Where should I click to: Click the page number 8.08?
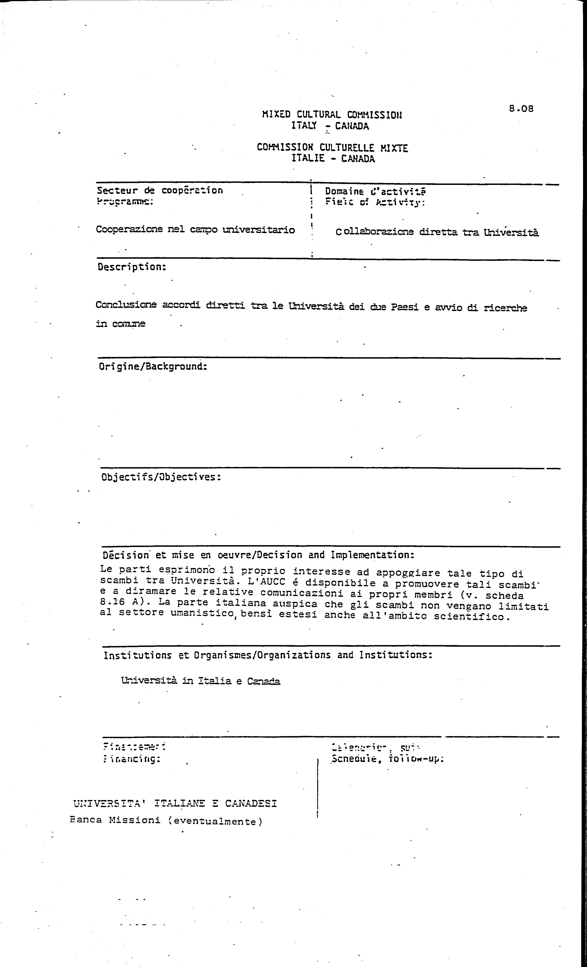(521, 109)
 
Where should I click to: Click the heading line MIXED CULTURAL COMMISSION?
(332, 115)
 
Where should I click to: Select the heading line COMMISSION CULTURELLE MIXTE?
(332, 148)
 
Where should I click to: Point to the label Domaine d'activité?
(375, 191)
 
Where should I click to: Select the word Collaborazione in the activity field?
(375, 232)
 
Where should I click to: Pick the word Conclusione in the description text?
(126, 304)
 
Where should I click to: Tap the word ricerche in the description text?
(505, 308)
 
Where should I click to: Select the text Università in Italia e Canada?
(201, 681)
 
